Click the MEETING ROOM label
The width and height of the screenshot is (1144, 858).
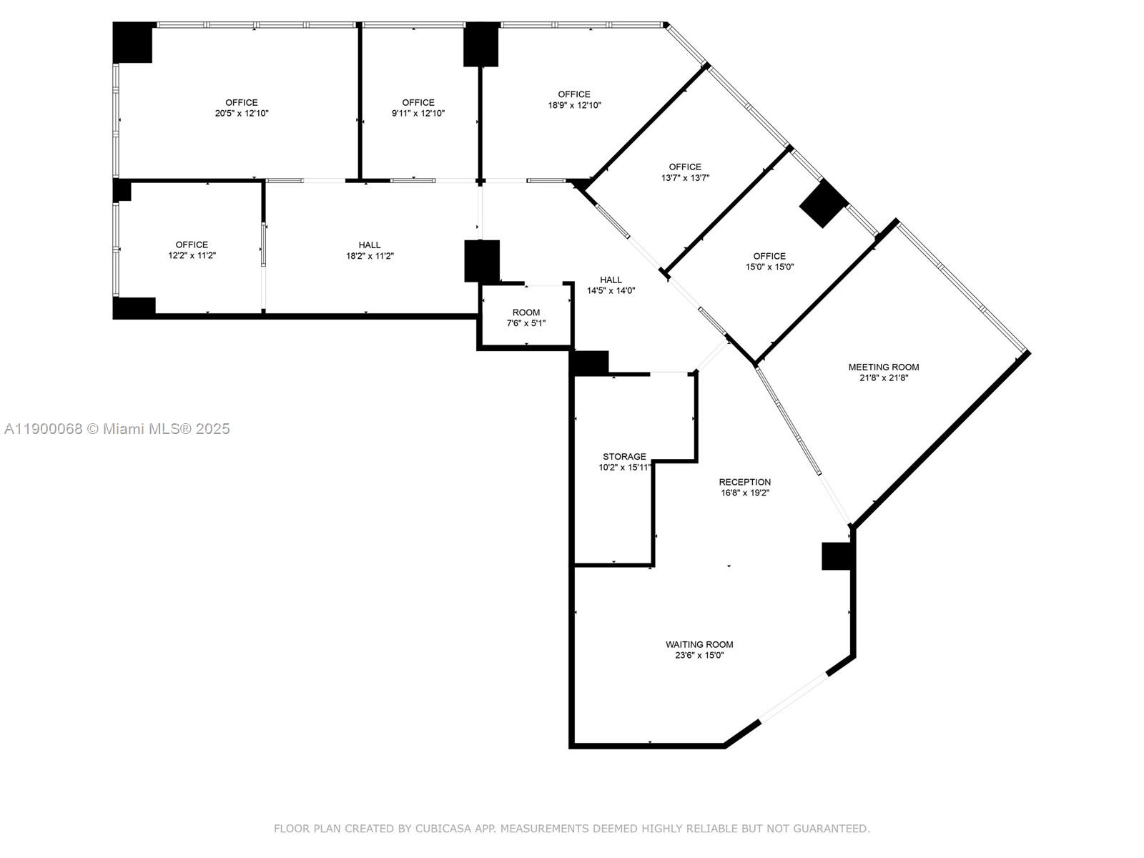884,367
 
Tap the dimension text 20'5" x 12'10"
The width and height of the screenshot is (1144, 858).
242,114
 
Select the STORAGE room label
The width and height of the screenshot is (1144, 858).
624,456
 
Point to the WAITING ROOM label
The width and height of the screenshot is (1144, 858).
699,644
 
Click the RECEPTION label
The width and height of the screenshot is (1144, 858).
744,482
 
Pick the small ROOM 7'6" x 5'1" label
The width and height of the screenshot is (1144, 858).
526,312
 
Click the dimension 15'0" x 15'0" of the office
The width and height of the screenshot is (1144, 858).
769,267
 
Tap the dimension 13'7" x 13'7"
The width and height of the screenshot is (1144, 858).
685,178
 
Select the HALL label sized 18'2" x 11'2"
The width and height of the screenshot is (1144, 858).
370,245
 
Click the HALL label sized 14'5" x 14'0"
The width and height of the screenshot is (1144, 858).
611,280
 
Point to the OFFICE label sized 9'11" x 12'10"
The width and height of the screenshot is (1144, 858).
418,102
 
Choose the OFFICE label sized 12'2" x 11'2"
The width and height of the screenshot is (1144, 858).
192,245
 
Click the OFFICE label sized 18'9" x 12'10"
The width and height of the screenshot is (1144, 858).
574,94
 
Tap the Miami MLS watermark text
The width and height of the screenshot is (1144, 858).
117,429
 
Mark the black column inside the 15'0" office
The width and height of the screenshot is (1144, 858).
823,204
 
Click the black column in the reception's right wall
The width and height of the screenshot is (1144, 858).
837,556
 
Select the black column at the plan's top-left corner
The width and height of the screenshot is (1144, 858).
133,43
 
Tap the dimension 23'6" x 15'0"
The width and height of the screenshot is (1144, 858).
699,655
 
